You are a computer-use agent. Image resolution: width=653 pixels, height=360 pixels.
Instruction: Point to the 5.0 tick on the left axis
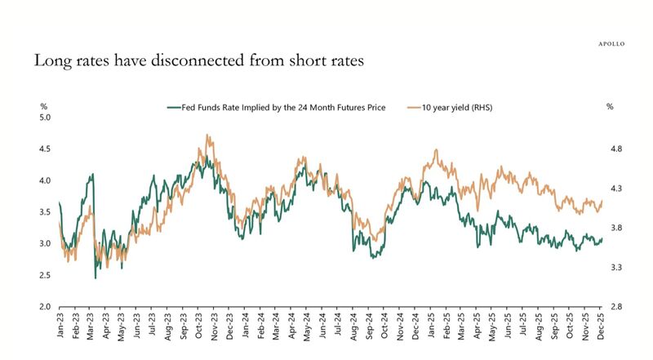pyautogui.click(x=46, y=118)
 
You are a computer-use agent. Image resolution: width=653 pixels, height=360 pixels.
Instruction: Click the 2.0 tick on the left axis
pyautogui.click(x=46, y=307)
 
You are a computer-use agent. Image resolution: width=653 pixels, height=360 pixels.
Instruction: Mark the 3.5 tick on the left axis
pyautogui.click(x=46, y=212)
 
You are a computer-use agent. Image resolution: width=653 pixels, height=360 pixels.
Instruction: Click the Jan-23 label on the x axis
pyautogui.click(x=61, y=327)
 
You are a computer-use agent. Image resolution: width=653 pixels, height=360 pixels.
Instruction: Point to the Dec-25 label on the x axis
pyautogui.click(x=602, y=327)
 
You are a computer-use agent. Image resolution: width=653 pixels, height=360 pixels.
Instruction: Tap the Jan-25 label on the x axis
pyautogui.click(x=432, y=327)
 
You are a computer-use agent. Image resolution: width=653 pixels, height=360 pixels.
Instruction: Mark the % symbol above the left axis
pyautogui.click(x=44, y=107)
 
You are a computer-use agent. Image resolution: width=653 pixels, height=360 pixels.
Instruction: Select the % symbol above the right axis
pyautogui.click(x=609, y=107)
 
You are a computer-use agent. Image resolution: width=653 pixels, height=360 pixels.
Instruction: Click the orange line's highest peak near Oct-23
pyautogui.click(x=209, y=136)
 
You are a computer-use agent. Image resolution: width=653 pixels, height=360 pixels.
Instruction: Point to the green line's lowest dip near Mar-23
pyautogui.click(x=96, y=278)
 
